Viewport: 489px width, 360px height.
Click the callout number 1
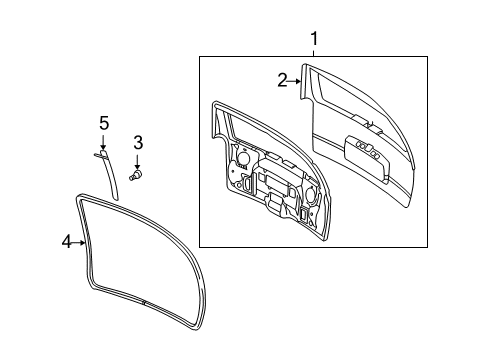[x=315, y=39]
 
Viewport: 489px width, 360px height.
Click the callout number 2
[x=282, y=80]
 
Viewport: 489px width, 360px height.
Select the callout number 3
[x=139, y=143]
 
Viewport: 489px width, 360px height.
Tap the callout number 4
[x=66, y=242]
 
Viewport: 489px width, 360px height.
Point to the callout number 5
[x=103, y=123]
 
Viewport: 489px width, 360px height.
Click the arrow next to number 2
[x=295, y=81]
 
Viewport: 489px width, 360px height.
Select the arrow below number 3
[x=139, y=162]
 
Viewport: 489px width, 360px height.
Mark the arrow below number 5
[x=103, y=143]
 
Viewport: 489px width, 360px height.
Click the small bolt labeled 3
[x=138, y=176]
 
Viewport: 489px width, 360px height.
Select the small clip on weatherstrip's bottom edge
[x=144, y=302]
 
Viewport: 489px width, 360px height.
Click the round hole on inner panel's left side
[x=242, y=157]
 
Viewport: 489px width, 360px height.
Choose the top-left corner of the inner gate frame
[x=215, y=102]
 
